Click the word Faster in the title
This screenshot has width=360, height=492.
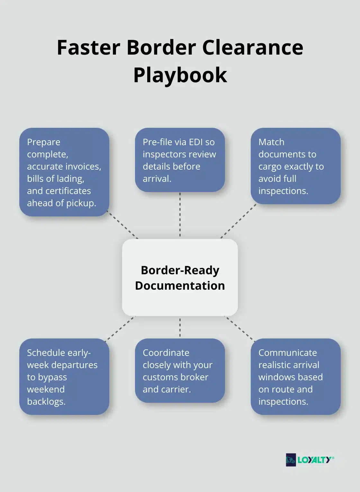(89, 48)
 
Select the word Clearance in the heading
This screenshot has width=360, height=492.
(253, 48)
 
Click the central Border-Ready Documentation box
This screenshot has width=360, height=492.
(180, 277)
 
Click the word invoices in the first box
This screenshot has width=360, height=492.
(83, 166)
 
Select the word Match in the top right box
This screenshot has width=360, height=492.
(271, 142)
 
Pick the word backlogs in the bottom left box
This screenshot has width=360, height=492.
(46, 401)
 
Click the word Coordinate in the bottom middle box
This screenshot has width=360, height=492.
(166, 353)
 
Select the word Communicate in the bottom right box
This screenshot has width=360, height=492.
(288, 353)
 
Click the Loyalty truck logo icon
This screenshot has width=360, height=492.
(291, 460)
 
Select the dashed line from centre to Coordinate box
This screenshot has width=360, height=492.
(180, 327)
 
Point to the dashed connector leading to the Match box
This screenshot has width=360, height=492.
(239, 221)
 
